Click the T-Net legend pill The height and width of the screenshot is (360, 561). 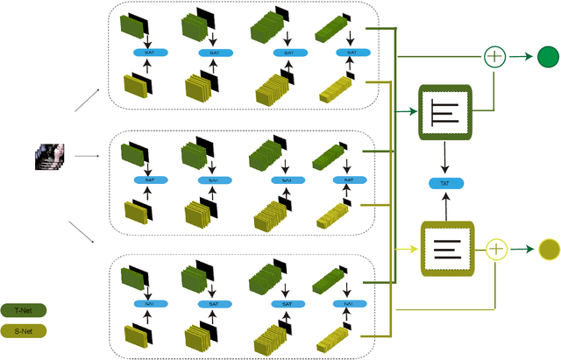pos(24,309)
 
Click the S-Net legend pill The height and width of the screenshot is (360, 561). pos(24,331)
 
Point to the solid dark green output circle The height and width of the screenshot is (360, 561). pos(548,58)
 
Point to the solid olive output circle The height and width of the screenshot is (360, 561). pos(549,250)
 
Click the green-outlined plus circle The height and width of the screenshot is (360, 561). pos(495,58)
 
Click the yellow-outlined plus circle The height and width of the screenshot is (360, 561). pos(497,250)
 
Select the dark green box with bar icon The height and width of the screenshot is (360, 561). pos(447,113)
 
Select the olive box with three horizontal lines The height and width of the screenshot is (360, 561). pos(447,250)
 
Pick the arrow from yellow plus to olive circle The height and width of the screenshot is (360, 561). pos(523,250)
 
